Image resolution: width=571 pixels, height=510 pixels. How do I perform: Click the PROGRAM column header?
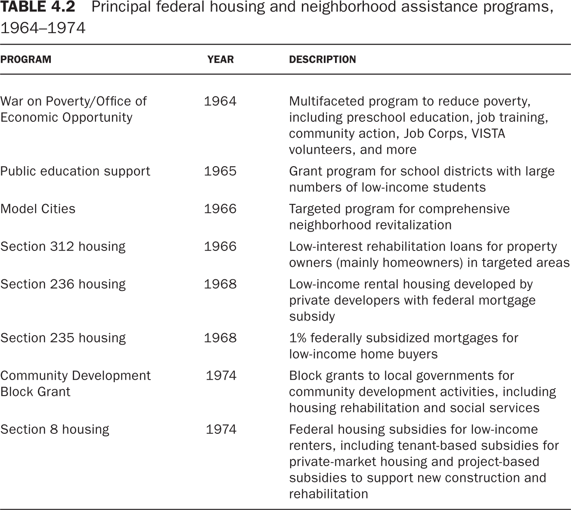25,59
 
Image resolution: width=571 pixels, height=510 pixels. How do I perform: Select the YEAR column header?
220,59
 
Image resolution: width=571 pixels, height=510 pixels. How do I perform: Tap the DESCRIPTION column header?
322,59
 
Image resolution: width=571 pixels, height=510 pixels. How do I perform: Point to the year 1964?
220,101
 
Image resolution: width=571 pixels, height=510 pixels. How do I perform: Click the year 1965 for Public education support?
220,171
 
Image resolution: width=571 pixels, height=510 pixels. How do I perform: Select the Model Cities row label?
38,209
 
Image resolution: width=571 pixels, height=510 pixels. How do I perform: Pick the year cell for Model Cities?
220,209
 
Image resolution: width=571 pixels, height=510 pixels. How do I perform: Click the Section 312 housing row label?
63,247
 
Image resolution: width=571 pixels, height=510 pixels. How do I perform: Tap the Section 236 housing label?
63,284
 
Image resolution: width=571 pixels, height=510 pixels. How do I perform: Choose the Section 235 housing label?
63,338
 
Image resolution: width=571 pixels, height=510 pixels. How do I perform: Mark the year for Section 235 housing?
220,338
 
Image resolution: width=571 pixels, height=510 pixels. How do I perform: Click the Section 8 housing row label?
55,430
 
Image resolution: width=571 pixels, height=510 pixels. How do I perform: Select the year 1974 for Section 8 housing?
221,430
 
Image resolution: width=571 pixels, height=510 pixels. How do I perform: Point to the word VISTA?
488,133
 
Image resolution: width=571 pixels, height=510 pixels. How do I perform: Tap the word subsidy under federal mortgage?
312,317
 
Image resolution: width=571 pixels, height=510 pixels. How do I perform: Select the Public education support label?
75,171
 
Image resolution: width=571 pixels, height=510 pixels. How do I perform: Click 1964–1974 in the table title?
43,28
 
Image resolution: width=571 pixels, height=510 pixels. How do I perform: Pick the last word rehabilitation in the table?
329,494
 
